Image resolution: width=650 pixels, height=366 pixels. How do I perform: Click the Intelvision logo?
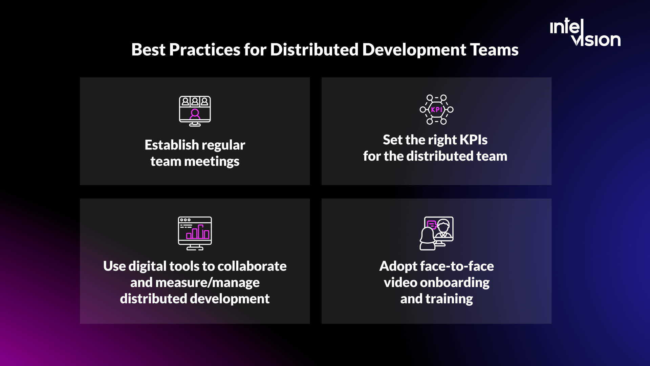point(585,33)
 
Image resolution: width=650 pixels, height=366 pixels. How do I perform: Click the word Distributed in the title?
point(314,50)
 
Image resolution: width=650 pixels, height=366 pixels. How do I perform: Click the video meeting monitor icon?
point(195,111)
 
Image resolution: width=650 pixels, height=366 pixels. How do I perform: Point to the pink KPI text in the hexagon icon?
point(436,109)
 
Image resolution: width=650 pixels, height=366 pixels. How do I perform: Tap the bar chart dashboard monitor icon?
point(195,233)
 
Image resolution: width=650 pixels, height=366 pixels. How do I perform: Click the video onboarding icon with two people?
point(436,233)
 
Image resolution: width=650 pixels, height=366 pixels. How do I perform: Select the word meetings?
point(212,162)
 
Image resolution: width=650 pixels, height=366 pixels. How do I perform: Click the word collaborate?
point(252,266)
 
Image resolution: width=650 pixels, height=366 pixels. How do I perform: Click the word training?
point(449,299)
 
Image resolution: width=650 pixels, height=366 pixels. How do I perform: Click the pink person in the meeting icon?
point(195,114)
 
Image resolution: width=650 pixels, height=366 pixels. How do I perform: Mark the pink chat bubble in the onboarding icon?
point(432,224)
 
